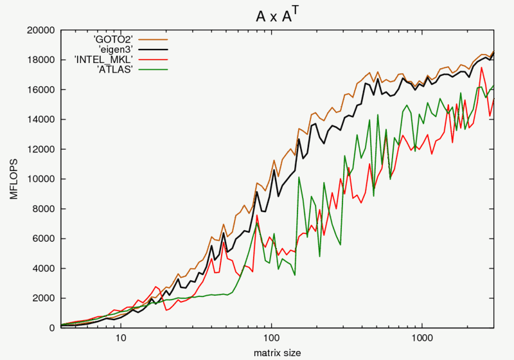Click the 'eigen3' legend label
pyautogui.click(x=116, y=50)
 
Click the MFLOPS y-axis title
pyautogui.click(x=13, y=179)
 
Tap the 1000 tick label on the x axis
pyautogui.click(x=422, y=338)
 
